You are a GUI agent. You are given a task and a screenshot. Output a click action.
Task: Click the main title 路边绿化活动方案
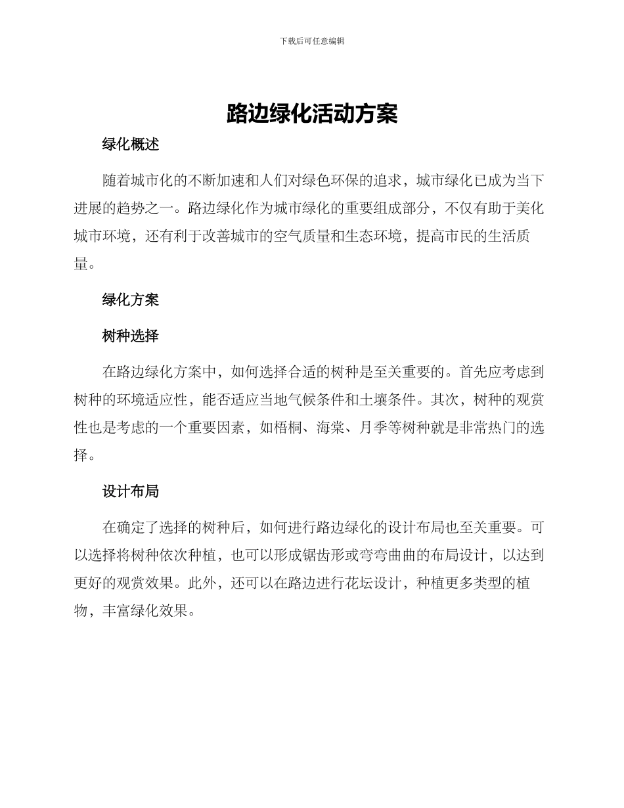click(312, 113)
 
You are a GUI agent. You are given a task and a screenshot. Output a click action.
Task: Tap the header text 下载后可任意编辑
click(312, 41)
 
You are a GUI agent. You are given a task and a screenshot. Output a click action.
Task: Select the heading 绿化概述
click(130, 145)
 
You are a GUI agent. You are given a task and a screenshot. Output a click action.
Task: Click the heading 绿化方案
click(130, 300)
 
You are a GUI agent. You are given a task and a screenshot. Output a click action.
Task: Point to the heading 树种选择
click(130, 336)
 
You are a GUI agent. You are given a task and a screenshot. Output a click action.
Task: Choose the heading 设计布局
click(130, 491)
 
